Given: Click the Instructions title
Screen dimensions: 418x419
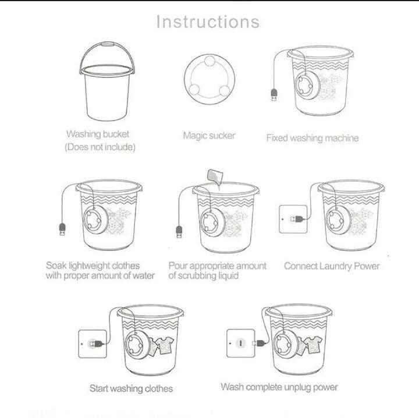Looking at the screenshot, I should pos(208,22).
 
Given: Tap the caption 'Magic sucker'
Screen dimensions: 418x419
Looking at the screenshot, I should pos(209,136).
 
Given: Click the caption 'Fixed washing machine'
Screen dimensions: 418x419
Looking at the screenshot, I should pos(312,138).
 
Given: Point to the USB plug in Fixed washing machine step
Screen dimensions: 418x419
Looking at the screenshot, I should pos(274,94).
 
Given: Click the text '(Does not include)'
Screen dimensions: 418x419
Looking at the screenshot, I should pos(100,147).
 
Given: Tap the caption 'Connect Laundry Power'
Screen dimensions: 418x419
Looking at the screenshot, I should pos(332,266).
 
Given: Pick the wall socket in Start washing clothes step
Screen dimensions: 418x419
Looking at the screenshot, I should pos(92,343).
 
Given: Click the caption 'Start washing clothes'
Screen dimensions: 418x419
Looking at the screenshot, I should pos(131,388).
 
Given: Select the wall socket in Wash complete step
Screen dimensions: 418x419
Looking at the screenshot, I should pos(240,343).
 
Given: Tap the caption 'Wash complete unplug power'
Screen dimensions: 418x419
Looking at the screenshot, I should pos(279,387).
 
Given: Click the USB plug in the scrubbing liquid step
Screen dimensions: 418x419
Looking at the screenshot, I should pos(179,232).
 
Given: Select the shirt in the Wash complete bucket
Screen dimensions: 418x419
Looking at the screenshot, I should pos(306,345).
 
